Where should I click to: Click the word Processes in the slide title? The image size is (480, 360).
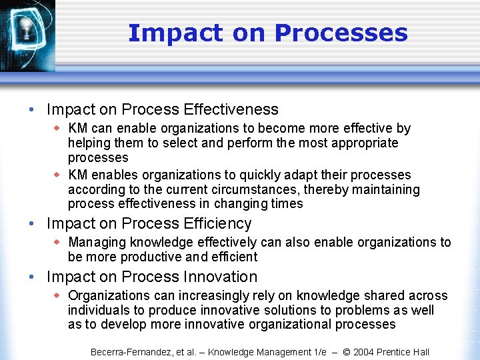(341, 33)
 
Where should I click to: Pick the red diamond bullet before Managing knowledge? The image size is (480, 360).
(58, 242)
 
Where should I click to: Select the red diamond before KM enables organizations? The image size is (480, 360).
(58, 175)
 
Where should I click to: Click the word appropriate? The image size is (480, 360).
(364, 143)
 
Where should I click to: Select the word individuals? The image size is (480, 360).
(99, 310)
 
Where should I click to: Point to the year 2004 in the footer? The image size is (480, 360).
(365, 352)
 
